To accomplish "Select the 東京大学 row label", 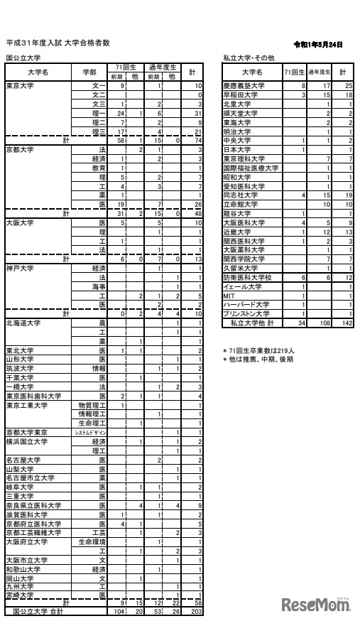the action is pos(20,85).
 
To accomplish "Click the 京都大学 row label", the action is pos(20,150).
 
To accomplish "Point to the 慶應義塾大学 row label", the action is pos(245,85).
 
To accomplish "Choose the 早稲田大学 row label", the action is pos(241,94).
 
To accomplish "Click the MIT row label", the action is pos(229,295).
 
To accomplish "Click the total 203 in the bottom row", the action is pos(197,610).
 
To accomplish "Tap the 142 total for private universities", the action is pos(344,323).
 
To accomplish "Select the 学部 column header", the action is pos(89,72).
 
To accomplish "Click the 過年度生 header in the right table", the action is pos(320,72).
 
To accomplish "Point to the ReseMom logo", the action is pos(316,605).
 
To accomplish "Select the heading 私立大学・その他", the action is pos(249,58).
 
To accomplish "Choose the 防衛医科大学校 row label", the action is pos(247,277).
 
